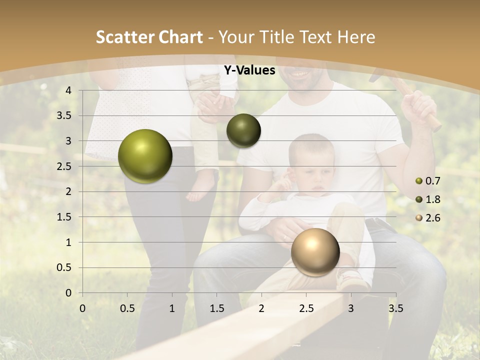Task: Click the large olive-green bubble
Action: [x=145, y=156]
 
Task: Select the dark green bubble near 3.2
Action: [x=243, y=130]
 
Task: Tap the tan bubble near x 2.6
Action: [x=315, y=252]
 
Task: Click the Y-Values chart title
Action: [x=249, y=70]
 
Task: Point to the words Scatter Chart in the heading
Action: [x=149, y=37]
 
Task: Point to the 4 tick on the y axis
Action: [x=69, y=90]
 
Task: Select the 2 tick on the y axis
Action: [x=69, y=191]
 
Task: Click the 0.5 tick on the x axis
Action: [x=127, y=308]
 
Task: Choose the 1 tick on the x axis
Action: [x=172, y=308]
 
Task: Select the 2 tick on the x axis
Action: [x=261, y=308]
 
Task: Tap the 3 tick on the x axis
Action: [x=351, y=308]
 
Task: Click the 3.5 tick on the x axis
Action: [x=395, y=308]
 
